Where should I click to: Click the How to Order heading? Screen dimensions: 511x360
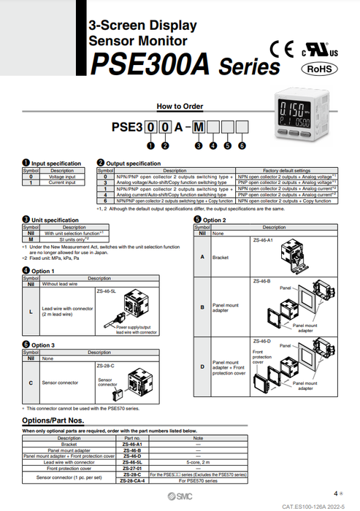[180, 107]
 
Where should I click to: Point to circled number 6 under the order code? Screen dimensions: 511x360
[242, 145]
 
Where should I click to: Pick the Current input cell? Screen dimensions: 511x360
[62, 182]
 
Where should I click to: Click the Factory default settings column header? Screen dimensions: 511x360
[286, 171]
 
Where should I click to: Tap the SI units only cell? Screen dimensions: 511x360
[66, 238]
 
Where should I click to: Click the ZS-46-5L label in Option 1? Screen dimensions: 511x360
[107, 291]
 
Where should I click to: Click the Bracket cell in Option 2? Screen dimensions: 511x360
[221, 257]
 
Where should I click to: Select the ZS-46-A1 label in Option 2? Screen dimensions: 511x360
[262, 239]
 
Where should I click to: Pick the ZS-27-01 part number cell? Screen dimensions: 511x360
[132, 468]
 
